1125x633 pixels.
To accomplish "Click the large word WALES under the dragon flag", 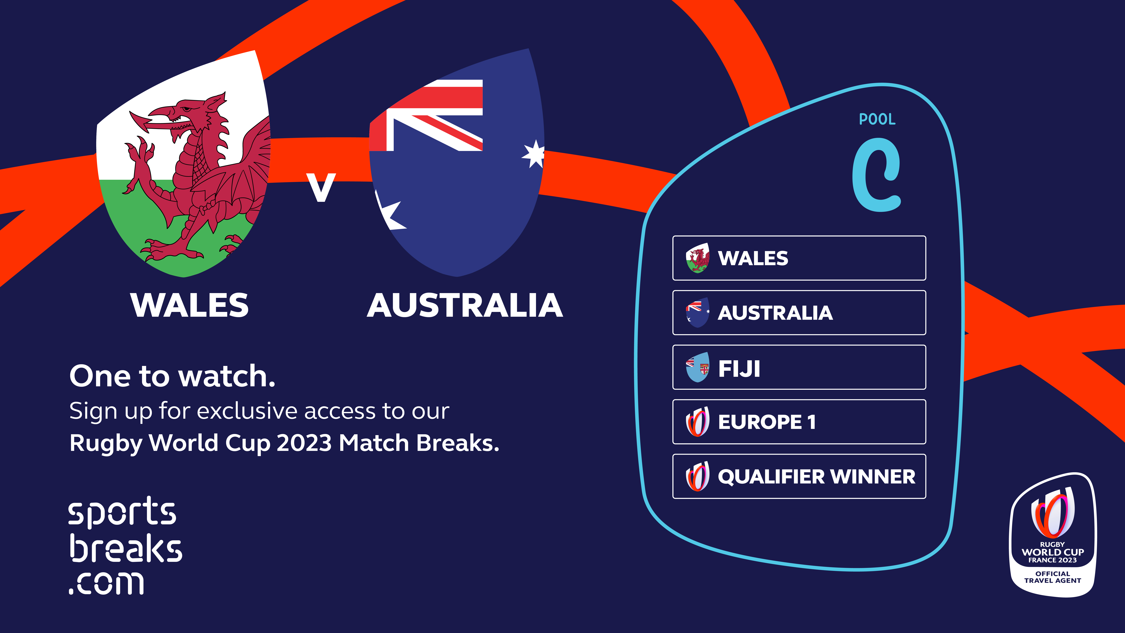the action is coord(190,305).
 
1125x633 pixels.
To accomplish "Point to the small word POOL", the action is coord(877,119).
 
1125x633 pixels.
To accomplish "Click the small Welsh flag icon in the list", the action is coord(697,258).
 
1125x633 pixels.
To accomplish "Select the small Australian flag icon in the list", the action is coord(697,312).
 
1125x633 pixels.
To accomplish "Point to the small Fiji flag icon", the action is coord(697,367).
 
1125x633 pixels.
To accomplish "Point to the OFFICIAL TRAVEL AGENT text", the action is coord(1052,577).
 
